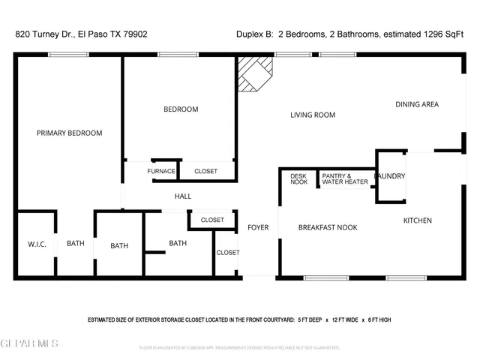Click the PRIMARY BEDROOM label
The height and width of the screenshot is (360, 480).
[69, 133]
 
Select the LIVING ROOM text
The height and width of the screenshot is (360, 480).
[313, 115]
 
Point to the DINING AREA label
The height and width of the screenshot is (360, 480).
[417, 104]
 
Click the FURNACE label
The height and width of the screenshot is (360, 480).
[161, 172]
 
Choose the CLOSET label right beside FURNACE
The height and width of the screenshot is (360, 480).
[205, 172]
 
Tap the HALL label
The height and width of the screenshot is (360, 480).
[183, 196]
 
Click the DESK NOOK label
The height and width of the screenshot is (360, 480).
[299, 178]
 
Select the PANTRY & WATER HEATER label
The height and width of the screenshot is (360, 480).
[345, 178]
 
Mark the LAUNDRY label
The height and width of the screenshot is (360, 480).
[391, 176]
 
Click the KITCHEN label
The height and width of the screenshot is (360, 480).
[418, 220]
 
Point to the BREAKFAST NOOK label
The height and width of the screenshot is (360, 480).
[328, 227]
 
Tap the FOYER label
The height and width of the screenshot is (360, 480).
[258, 227]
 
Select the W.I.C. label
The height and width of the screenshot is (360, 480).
[37, 244]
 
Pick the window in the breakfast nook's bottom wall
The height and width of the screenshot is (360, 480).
[326, 278]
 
